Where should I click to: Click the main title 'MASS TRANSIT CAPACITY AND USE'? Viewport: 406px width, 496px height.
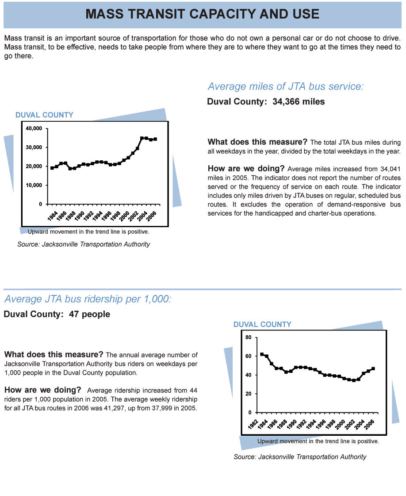pyautogui.click(x=203, y=14)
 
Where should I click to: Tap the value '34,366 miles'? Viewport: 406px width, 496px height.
pyautogui.click(x=299, y=101)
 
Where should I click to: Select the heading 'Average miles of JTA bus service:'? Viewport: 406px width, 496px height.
pyautogui.click(x=286, y=86)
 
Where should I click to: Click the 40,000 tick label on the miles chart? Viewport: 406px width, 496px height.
pyautogui.click(x=34, y=128)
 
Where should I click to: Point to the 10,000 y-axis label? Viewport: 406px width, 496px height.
pyautogui.click(x=34, y=185)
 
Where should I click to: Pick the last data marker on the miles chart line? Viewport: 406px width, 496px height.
pyautogui.click(x=155, y=139)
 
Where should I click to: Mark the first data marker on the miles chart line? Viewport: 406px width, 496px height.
pyautogui.click(x=52, y=168)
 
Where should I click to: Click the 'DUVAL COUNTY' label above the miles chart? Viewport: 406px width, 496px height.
pyautogui.click(x=44, y=115)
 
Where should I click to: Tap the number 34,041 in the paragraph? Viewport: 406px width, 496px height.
pyautogui.click(x=391, y=169)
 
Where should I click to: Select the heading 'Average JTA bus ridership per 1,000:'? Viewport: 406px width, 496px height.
pyautogui.click(x=88, y=299)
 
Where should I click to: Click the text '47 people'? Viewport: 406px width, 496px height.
pyautogui.click(x=89, y=314)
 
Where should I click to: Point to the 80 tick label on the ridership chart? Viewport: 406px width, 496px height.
pyautogui.click(x=249, y=337)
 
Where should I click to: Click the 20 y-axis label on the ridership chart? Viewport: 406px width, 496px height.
pyautogui.click(x=249, y=394)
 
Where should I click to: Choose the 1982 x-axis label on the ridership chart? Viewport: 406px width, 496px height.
pyautogui.click(x=253, y=424)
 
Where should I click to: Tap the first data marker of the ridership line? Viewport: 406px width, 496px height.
pyautogui.click(x=262, y=354)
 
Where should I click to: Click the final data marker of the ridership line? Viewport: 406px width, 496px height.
pyautogui.click(x=373, y=368)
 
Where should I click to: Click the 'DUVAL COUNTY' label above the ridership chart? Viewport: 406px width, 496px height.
pyautogui.click(x=262, y=324)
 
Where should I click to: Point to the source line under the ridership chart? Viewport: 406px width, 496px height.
pyautogui.click(x=300, y=457)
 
